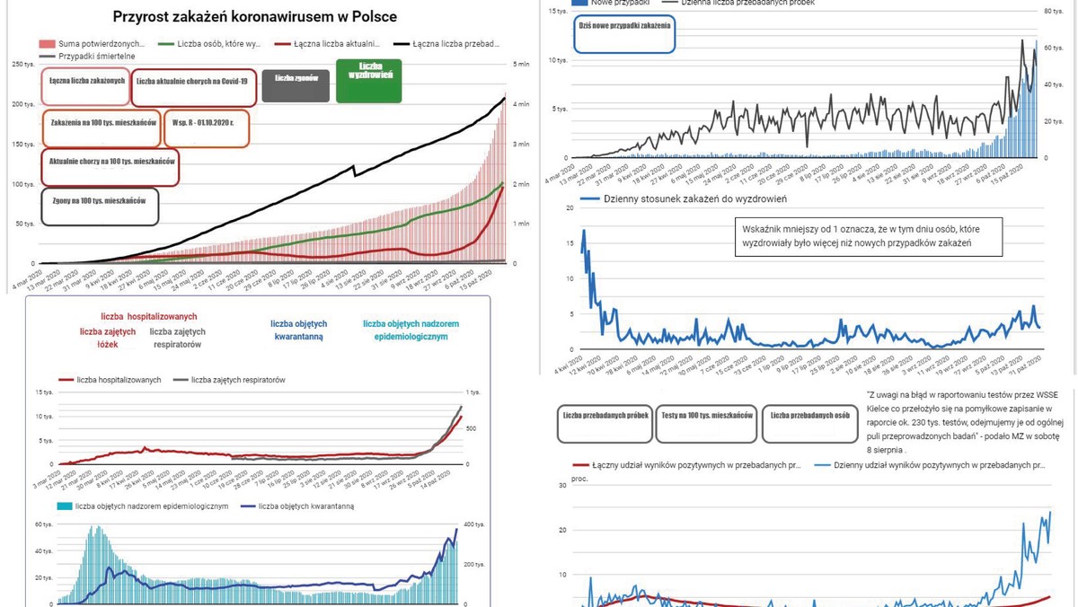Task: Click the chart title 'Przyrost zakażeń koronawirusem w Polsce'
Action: (x=254, y=17)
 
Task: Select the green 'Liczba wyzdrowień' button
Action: (x=368, y=81)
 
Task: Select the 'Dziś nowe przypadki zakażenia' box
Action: (x=623, y=32)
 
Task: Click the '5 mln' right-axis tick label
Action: (x=521, y=65)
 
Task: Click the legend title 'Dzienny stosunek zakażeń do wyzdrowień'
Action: (x=695, y=198)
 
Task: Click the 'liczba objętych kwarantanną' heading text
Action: (x=298, y=330)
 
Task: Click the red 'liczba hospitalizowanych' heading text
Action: (x=149, y=317)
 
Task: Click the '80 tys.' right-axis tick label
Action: (x=1054, y=12)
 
